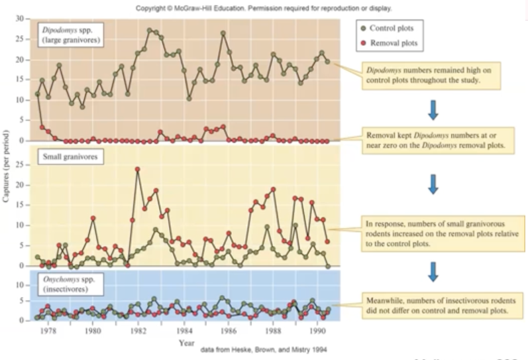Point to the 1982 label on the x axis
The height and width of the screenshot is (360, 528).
click(138, 330)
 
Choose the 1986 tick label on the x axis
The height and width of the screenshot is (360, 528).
click(228, 330)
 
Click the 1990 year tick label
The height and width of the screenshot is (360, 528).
click(318, 330)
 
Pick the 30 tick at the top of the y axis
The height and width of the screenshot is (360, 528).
click(19, 19)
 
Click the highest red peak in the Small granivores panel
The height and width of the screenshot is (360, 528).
click(138, 169)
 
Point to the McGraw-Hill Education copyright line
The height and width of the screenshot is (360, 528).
click(264, 9)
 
